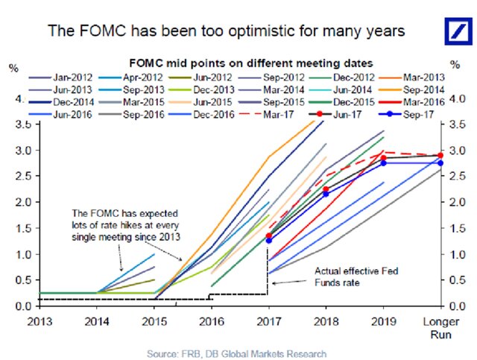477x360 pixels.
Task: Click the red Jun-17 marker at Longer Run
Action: [440, 156]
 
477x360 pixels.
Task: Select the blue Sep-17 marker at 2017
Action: [268, 240]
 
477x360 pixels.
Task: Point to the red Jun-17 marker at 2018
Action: [325, 189]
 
